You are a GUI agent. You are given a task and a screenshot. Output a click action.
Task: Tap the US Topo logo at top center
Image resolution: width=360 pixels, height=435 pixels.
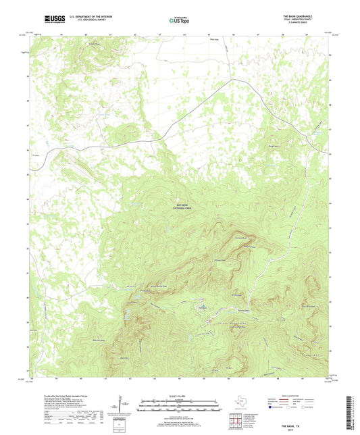(179, 20)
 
